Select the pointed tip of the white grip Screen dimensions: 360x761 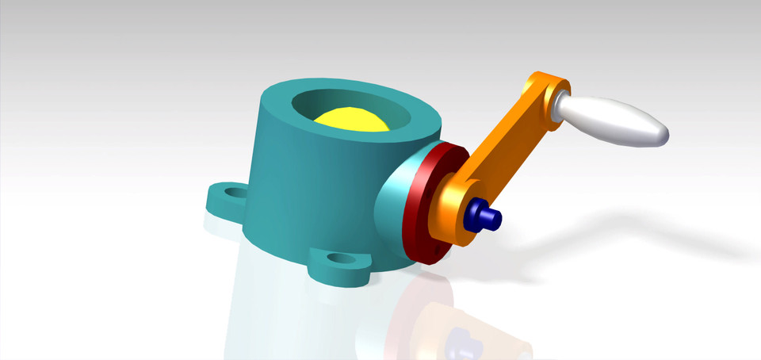click(664, 136)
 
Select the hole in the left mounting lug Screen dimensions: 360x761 click(232, 192)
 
